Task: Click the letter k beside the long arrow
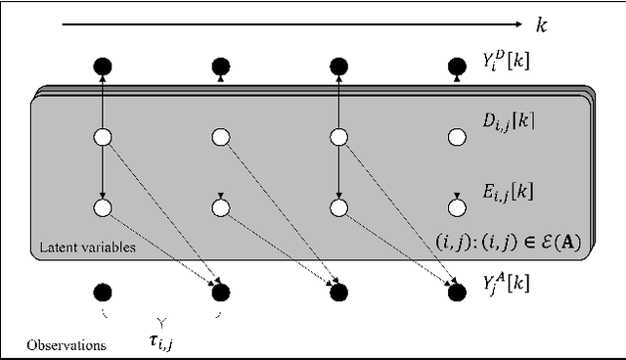tap(541, 24)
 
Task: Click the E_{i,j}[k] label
tap(514, 191)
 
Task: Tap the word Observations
tap(67, 344)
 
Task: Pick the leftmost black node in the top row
tap(104, 67)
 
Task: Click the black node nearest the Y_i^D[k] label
tap(456, 67)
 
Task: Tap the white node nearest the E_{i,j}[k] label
tap(456, 207)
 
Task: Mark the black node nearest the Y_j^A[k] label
tap(456, 291)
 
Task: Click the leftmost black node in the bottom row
tap(104, 291)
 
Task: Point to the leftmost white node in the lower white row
tap(104, 207)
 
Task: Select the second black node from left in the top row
tap(221, 67)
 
